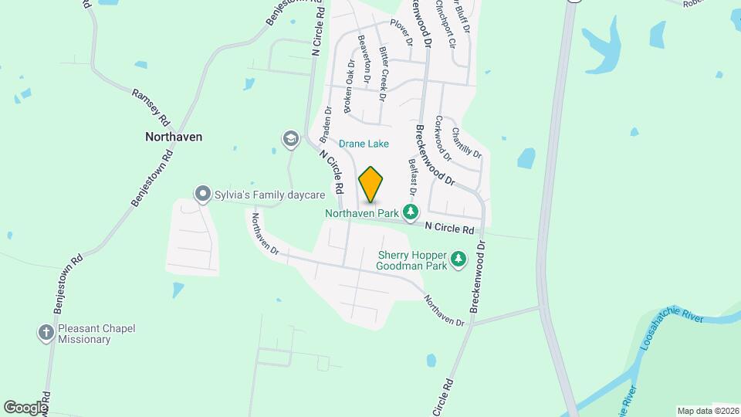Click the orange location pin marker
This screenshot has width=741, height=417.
click(371, 185)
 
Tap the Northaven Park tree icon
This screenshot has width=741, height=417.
click(411, 211)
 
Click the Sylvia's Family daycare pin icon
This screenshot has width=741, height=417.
click(202, 194)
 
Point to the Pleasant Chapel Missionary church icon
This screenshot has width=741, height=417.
click(46, 334)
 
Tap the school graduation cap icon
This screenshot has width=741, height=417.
click(291, 139)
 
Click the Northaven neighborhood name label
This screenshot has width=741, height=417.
click(174, 137)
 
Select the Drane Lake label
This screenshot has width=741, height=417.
click(364, 144)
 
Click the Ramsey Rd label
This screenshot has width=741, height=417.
click(151, 107)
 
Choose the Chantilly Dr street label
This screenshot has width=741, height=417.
click(466, 143)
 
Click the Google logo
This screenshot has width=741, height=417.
click(25, 407)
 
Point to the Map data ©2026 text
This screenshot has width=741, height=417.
click(707, 411)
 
